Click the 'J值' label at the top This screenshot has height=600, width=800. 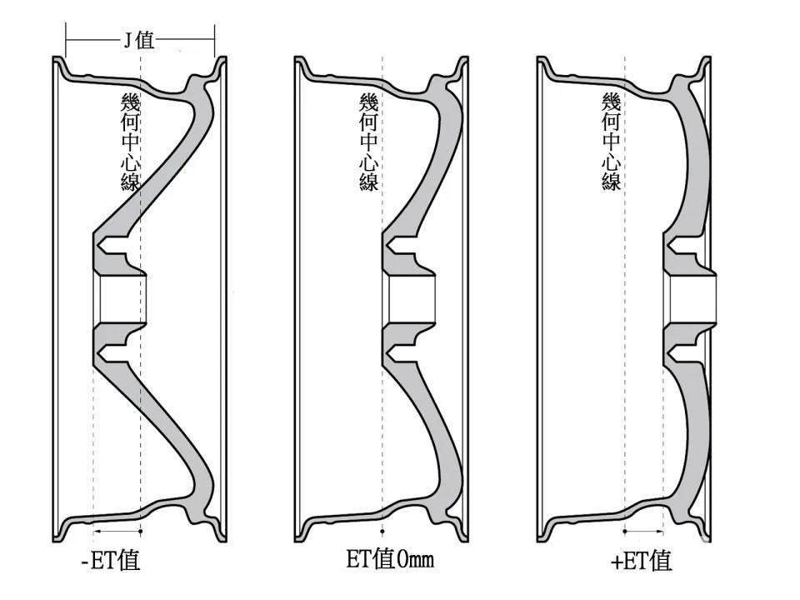point(139,39)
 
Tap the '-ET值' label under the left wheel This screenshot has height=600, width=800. point(111,561)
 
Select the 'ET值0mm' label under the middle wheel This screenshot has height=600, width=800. point(390,558)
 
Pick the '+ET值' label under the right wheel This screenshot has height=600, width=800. point(641,561)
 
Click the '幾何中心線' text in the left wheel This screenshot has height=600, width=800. point(130,142)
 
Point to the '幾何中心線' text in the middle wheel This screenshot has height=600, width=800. point(369,142)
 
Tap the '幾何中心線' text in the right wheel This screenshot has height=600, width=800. point(611,142)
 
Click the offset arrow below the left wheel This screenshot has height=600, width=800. point(117,532)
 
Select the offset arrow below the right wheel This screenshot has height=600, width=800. point(644,532)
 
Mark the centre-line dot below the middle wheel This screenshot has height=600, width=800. point(382,532)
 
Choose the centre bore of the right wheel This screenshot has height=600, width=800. point(693,299)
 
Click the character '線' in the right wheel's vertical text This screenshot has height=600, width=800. point(611,181)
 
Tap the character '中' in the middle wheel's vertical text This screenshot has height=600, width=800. point(369,142)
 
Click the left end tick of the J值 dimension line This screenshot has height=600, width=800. point(66,39)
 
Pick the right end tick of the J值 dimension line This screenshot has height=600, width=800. point(214,39)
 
